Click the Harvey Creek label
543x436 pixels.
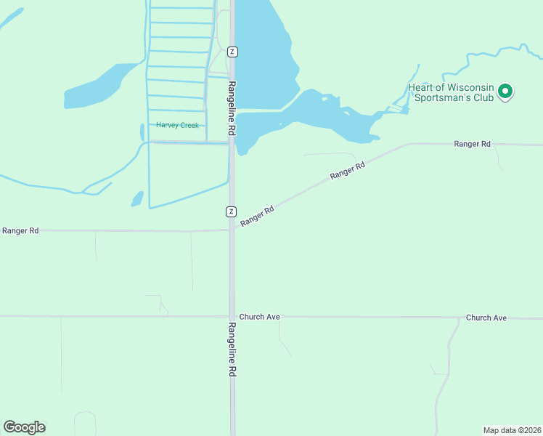click(177, 125)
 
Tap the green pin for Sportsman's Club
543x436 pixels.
click(506, 92)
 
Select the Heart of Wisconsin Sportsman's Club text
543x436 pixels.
click(450, 92)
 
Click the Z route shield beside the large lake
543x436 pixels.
click(232, 52)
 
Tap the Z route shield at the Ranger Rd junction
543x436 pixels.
click(231, 211)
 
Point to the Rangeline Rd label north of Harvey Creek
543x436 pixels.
click(232, 108)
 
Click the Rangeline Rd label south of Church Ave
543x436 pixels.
click(232, 349)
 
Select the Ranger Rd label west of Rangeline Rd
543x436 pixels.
click(20, 230)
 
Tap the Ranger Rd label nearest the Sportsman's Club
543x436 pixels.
click(472, 144)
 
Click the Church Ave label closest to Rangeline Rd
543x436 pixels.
click(259, 318)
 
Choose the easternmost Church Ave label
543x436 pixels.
click(486, 318)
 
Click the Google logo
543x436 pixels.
click(25, 427)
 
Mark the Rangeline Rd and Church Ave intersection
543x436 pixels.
click(232, 317)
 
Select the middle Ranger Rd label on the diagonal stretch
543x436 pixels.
click(346, 171)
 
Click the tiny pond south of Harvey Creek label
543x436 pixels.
click(137, 198)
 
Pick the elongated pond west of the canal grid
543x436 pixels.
click(98, 87)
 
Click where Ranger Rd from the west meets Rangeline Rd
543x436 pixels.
click(232, 230)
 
